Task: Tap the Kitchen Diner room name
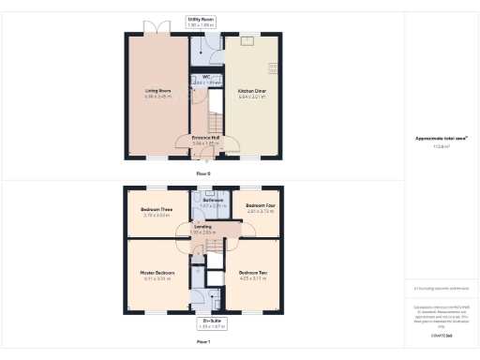252,92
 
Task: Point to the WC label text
204,78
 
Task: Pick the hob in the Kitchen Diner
275,67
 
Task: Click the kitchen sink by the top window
248,42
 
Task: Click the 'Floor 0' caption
203,173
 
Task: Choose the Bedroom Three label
157,209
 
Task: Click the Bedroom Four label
260,207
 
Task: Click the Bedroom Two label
252,273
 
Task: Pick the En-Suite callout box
204,323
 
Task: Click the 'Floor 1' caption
203,342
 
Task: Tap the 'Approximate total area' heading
442,139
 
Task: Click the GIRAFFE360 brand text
442,335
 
